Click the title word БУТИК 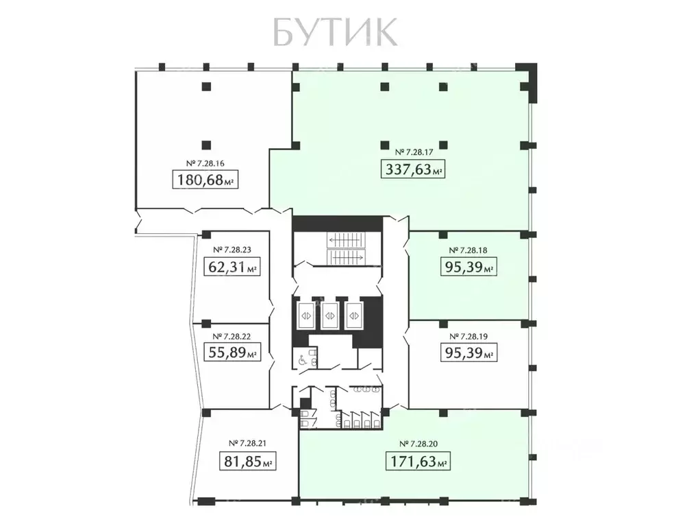[x=335, y=31]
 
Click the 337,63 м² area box [x=413, y=169]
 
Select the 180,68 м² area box [x=206, y=181]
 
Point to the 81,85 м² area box [x=247, y=461]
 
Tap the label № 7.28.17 [x=413, y=152]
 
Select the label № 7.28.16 [x=206, y=163]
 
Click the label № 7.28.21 [x=247, y=443]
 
